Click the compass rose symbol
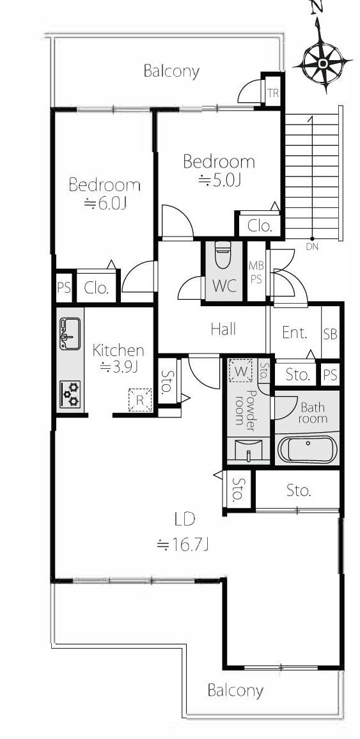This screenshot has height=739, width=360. pyautogui.click(x=324, y=63)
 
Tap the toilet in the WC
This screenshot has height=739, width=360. pyautogui.click(x=223, y=254)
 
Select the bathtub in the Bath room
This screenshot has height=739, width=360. pyautogui.click(x=307, y=449)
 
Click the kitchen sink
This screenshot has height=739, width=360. pyautogui.click(x=70, y=334)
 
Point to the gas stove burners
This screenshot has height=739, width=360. pyautogui.click(x=70, y=394)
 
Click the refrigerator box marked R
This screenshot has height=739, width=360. pyautogui.click(x=140, y=400)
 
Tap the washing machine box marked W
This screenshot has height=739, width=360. pyautogui.click(x=240, y=371)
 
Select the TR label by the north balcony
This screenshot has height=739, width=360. pyautogui.click(x=273, y=93)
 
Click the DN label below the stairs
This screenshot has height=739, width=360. pyautogui.click(x=311, y=246)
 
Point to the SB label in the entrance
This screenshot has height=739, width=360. pyautogui.click(x=331, y=334)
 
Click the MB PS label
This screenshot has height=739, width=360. pyautogui.click(x=255, y=272)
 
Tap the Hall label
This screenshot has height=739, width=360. pyautogui.click(x=223, y=329)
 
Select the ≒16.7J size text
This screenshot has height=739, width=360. pyautogui.click(x=183, y=545)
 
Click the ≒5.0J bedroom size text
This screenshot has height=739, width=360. pyautogui.click(x=219, y=180)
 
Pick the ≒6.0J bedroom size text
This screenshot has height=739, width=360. pyautogui.click(x=106, y=203)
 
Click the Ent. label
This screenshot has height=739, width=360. pyautogui.click(x=295, y=332)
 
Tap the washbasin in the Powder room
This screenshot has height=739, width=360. pyautogui.click(x=248, y=449)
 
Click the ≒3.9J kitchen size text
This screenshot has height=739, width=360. pyautogui.click(x=119, y=367)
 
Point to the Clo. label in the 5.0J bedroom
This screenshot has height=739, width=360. pyautogui.click(x=260, y=226)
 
